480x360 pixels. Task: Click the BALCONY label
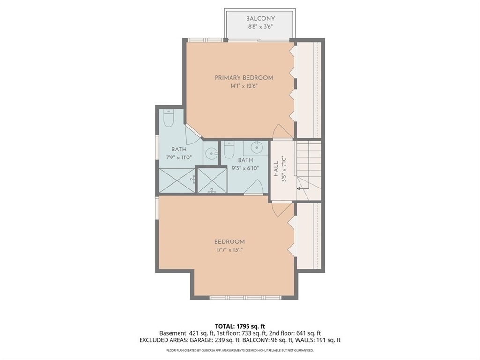[261, 19]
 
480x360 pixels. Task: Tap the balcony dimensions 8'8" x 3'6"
[260, 27]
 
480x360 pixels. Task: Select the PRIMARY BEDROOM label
[244, 78]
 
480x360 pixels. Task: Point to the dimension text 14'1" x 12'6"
[244, 86]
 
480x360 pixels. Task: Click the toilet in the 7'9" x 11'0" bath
[169, 118]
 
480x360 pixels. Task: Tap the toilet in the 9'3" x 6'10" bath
[229, 149]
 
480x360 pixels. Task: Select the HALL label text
[277, 169]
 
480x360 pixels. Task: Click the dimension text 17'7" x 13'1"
[230, 250]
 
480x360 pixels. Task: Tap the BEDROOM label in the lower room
[230, 242]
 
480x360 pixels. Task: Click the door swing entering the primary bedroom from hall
[282, 131]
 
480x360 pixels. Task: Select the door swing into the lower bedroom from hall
[282, 210]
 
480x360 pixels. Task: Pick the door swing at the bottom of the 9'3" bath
[254, 187]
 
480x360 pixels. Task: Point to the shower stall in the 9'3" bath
[212, 180]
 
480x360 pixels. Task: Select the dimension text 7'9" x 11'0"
[179, 157]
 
